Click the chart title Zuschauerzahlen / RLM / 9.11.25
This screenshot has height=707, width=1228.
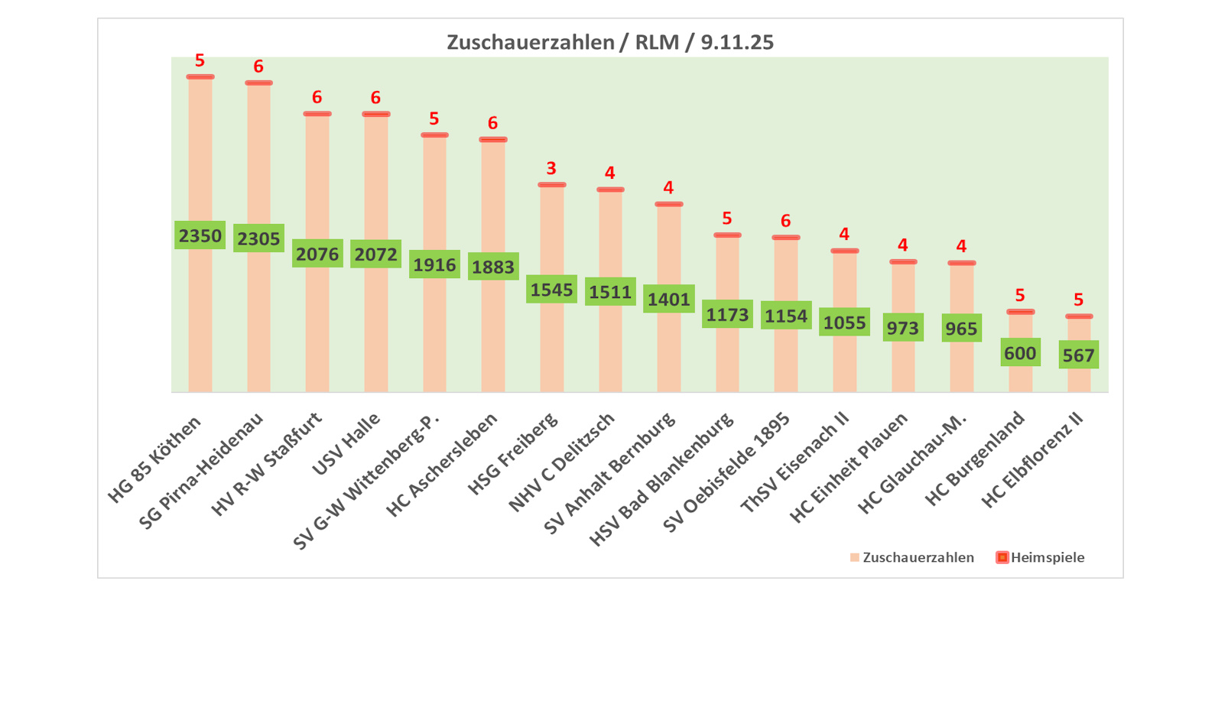click(x=609, y=42)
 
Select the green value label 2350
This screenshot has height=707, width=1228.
click(x=200, y=235)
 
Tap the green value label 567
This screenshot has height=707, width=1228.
click(x=1078, y=355)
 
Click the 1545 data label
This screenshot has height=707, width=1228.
click(x=551, y=290)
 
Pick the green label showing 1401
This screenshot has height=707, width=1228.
click(x=668, y=299)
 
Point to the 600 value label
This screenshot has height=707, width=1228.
click(x=1020, y=352)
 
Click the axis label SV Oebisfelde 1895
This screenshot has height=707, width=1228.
click(x=727, y=472)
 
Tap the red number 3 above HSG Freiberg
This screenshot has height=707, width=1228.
click(x=551, y=168)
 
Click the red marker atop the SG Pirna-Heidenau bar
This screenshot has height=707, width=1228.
click(x=258, y=83)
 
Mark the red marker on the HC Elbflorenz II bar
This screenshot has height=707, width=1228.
click(x=1078, y=316)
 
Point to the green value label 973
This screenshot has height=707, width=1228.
click(x=902, y=328)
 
